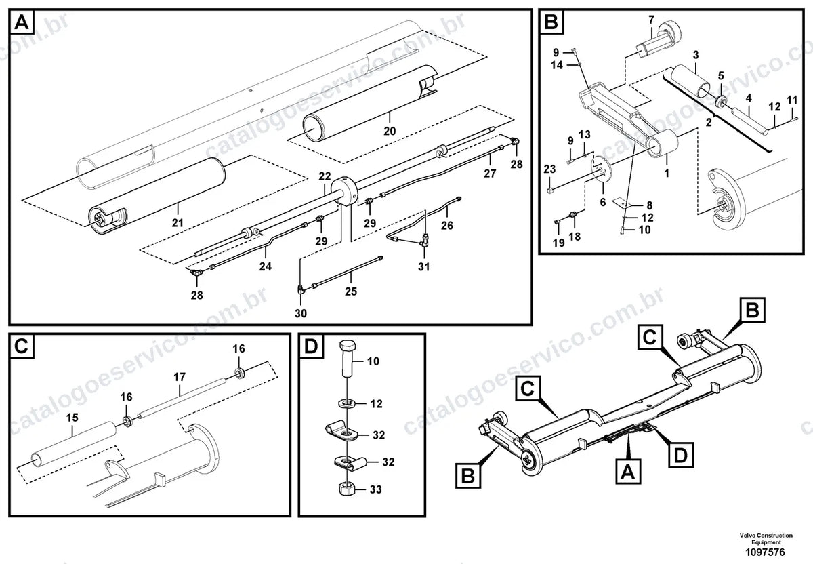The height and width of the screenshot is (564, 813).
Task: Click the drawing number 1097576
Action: (765, 552)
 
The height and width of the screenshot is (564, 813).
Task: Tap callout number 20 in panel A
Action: (390, 131)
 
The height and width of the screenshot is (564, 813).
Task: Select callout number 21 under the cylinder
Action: (178, 222)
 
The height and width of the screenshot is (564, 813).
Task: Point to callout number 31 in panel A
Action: (423, 266)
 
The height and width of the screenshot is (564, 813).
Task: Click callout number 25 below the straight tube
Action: (351, 291)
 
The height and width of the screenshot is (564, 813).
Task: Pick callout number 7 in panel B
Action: (651, 20)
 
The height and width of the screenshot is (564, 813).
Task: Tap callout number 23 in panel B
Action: (549, 169)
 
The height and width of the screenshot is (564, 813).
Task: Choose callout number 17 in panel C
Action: (180, 377)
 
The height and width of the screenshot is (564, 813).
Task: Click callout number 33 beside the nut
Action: (375, 489)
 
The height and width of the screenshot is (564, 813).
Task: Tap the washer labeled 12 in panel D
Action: (348, 403)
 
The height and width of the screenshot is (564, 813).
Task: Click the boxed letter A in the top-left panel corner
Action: (22, 22)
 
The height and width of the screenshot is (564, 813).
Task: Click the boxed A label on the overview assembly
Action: (628, 471)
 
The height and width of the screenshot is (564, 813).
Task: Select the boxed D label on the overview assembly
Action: (681, 455)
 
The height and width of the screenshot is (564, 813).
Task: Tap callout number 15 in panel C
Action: (72, 418)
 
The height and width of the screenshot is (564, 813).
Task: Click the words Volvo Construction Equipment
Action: (766, 538)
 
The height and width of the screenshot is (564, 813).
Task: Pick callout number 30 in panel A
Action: (301, 313)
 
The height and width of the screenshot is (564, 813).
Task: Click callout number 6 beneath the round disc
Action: (603, 202)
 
